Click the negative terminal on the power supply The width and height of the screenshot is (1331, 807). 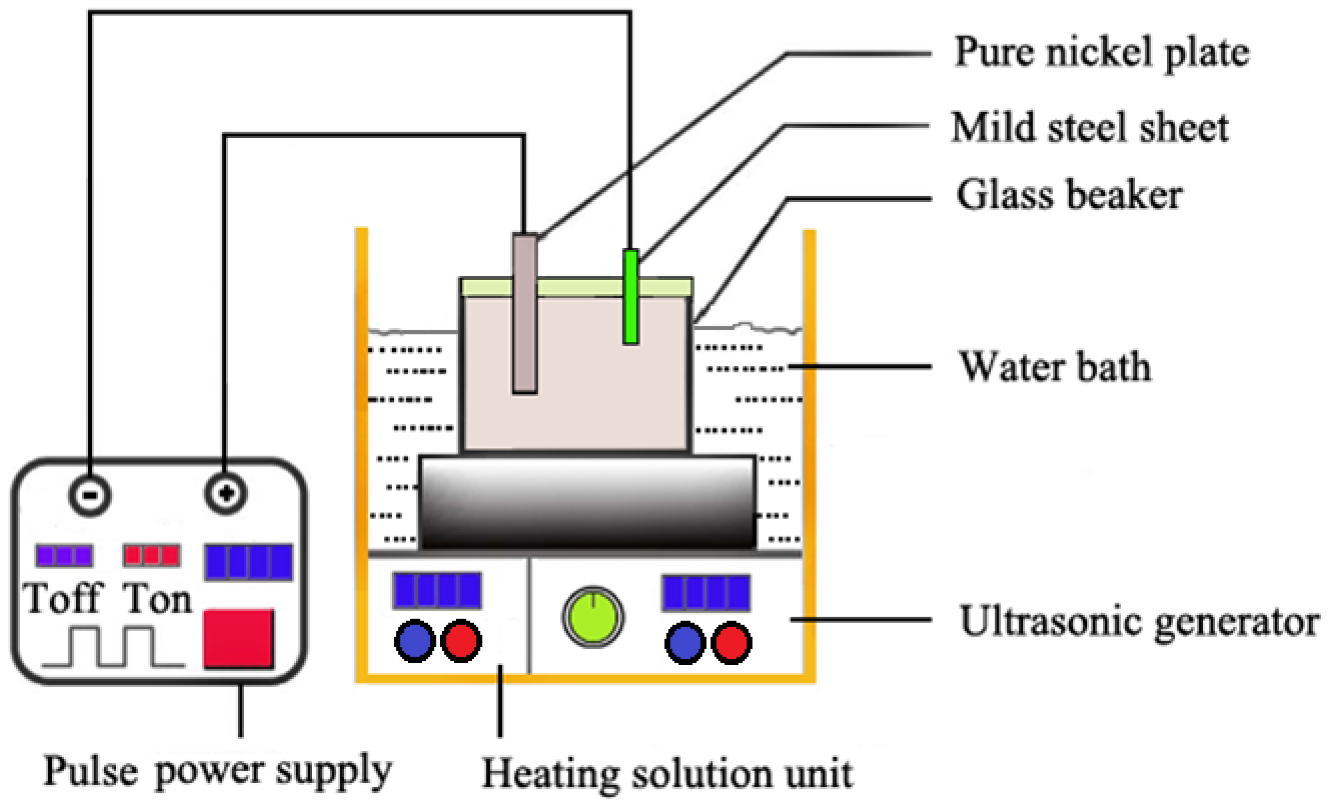[x=90, y=495]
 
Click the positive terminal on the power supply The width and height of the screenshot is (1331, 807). [x=226, y=493]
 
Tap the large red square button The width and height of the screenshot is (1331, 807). [x=238, y=639]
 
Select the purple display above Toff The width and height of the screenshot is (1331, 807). [x=64, y=555]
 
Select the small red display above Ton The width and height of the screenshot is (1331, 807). [x=151, y=555]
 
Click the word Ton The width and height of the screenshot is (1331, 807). [x=157, y=598]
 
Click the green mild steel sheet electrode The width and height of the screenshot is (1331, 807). [x=631, y=297]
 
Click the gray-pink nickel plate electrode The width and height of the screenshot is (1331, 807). [x=525, y=314]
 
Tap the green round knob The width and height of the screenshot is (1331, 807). [x=593, y=617]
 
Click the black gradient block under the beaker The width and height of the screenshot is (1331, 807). [x=587, y=503]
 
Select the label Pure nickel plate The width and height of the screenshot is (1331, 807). [x=1101, y=53]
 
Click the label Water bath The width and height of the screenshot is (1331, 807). [x=1054, y=367]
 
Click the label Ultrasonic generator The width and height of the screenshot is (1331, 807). [x=1139, y=621]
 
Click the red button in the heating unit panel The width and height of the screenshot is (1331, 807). [x=461, y=640]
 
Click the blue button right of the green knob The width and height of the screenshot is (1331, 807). [x=685, y=643]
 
